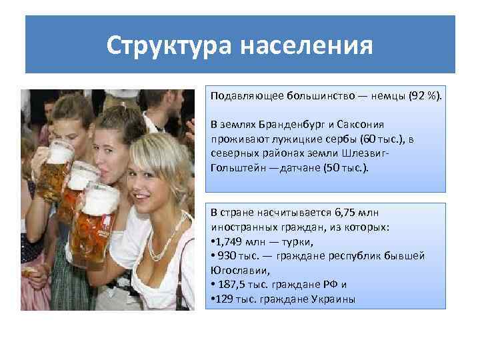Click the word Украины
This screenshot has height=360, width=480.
pyautogui.click(x=333, y=298)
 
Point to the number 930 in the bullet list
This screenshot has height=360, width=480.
pyautogui.click(x=224, y=255)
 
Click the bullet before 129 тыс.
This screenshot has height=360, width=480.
pyautogui.click(x=212, y=298)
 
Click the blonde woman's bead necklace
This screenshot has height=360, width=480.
pyautogui.click(x=160, y=247)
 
